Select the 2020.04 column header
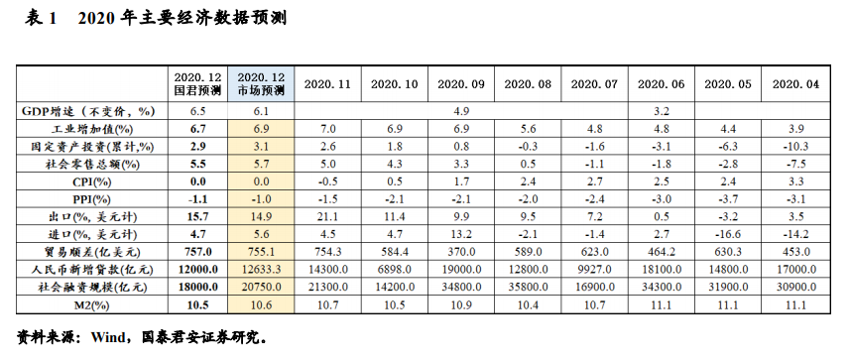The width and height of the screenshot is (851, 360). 798,84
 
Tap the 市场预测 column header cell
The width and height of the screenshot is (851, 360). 262,84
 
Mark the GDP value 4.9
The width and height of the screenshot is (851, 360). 460,111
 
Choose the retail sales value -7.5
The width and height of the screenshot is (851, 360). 798,164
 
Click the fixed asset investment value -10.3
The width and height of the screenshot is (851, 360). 798,146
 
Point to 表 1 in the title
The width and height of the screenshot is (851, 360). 40,18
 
